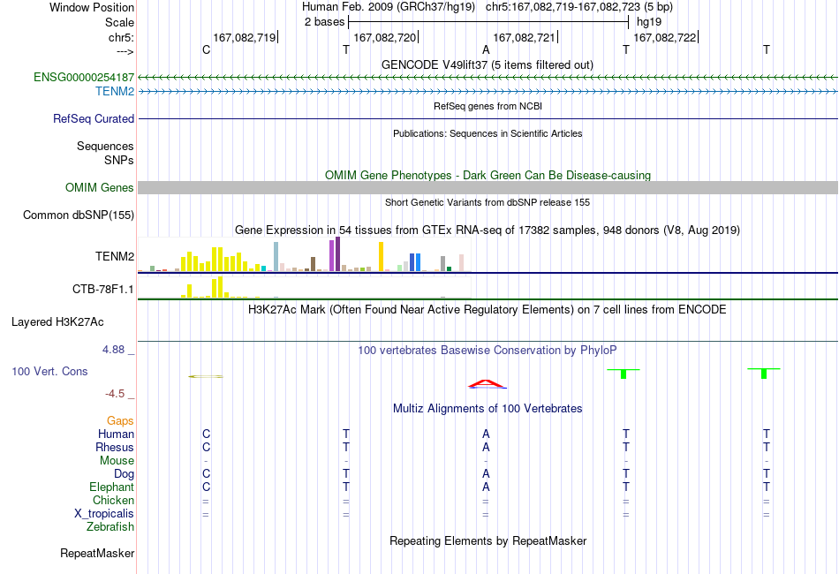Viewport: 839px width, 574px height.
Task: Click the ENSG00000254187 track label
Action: [84, 78]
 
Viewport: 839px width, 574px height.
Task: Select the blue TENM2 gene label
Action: [115, 92]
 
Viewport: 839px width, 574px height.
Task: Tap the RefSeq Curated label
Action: [94, 118]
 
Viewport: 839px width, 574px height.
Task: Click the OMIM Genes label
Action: [100, 188]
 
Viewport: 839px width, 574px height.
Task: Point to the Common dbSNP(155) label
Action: [79, 215]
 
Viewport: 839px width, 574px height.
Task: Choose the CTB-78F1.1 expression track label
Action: [103, 290]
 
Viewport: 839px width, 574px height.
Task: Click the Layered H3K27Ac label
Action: [57, 322]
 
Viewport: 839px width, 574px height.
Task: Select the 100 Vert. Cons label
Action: [49, 371]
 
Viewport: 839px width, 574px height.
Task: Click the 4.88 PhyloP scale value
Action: [113, 350]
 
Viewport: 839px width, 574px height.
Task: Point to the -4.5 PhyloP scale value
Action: [115, 394]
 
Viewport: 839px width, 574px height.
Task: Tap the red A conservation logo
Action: [486, 383]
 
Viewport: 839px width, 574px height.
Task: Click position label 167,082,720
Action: [385, 37]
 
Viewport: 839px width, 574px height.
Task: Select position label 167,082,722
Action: [665, 37]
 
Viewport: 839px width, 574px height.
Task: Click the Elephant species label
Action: [112, 487]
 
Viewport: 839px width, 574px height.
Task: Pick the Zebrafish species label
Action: [110, 527]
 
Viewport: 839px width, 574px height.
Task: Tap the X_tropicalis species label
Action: [104, 514]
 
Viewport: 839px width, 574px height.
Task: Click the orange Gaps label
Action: [120, 421]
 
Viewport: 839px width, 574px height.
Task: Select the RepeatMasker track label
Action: [97, 553]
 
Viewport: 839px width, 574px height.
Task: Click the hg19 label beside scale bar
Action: [649, 22]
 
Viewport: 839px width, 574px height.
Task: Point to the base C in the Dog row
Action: [206, 474]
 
